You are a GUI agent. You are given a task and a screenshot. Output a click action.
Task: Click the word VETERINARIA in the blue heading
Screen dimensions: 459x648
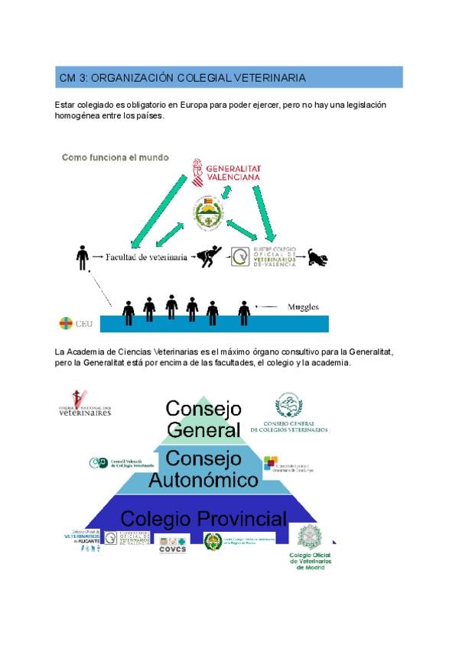(x=271, y=78)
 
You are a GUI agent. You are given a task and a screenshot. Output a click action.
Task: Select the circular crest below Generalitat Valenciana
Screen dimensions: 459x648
(x=209, y=212)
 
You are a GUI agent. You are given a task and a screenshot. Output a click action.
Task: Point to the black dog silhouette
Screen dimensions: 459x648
(x=317, y=258)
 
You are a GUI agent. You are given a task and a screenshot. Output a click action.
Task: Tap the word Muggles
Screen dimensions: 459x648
(x=302, y=307)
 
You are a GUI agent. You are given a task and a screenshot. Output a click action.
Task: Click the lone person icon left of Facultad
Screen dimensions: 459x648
(x=82, y=258)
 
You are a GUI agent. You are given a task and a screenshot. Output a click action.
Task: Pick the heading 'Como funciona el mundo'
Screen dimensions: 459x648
(x=115, y=157)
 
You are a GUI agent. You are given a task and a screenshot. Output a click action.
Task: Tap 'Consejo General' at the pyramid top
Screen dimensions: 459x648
(x=203, y=419)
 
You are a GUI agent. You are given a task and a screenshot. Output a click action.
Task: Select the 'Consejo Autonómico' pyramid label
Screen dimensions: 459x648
(x=203, y=469)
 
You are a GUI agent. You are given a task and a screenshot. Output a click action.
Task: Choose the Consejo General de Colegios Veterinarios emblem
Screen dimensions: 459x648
(x=289, y=413)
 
